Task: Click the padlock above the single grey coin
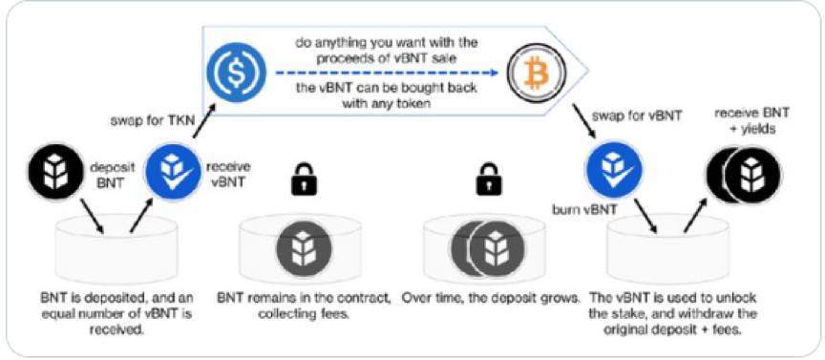point(303,177)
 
